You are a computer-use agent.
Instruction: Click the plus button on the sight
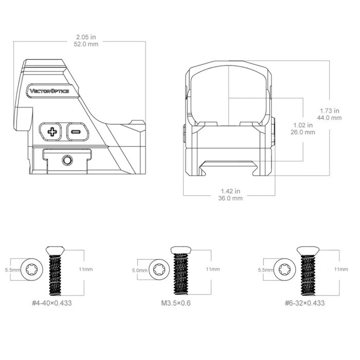[x=51, y=132]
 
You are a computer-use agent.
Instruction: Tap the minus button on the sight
[x=77, y=132]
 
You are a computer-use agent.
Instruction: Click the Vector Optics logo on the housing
[x=49, y=91]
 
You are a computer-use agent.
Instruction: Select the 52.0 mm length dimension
[x=86, y=44]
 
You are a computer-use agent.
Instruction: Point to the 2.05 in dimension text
[x=86, y=37]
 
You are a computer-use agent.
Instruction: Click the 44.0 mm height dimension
[x=330, y=118]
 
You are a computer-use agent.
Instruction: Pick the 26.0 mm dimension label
[x=303, y=132]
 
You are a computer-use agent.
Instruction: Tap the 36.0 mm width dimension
[x=230, y=198]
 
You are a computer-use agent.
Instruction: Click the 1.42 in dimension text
[x=230, y=191]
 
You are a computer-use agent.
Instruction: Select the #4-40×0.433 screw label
[x=52, y=303]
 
